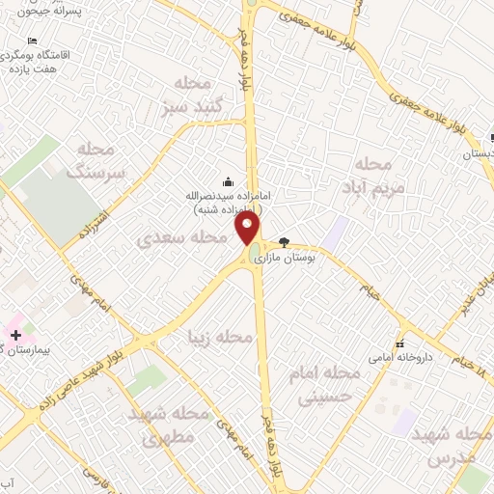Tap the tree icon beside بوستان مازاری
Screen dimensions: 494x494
284,242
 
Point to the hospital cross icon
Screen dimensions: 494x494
14,334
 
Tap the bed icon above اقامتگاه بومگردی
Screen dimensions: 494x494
33,41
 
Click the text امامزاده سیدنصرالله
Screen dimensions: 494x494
228,196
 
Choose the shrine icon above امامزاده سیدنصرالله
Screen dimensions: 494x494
228,180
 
